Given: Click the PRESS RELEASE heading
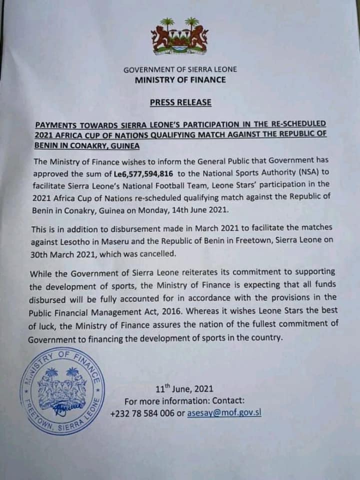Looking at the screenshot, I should click(x=180, y=102).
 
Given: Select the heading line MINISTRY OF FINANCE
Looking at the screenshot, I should click(x=180, y=79).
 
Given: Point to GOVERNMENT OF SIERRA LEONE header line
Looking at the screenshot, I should click(x=180, y=69).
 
